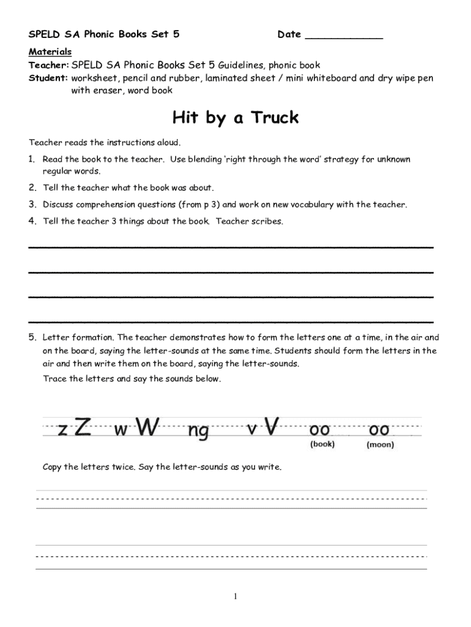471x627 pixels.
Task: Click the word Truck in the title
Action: point(273,117)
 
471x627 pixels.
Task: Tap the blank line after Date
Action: point(343,36)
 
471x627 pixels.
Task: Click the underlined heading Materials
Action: point(50,51)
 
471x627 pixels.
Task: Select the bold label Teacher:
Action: point(48,65)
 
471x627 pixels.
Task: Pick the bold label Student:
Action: point(48,78)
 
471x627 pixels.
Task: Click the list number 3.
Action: point(32,205)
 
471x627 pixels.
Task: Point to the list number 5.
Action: point(32,337)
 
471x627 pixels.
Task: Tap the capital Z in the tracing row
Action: point(84,427)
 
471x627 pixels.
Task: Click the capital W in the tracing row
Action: point(147,427)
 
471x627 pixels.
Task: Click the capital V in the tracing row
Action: point(272,427)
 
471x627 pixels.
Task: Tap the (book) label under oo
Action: point(322,445)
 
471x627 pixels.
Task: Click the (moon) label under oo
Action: point(380,445)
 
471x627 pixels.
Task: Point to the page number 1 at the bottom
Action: point(235,597)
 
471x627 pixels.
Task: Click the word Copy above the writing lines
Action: point(53,467)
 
